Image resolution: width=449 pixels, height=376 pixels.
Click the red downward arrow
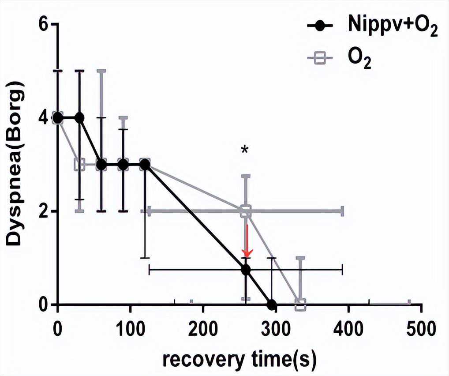point(247,241)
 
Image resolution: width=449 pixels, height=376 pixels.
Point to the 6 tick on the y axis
point(42,24)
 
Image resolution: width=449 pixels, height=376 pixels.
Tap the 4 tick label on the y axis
point(42,118)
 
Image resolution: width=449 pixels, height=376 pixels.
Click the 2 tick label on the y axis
point(42,211)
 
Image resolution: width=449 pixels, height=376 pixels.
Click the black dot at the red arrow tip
point(246,270)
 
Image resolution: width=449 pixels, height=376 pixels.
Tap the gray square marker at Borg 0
point(300,305)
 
